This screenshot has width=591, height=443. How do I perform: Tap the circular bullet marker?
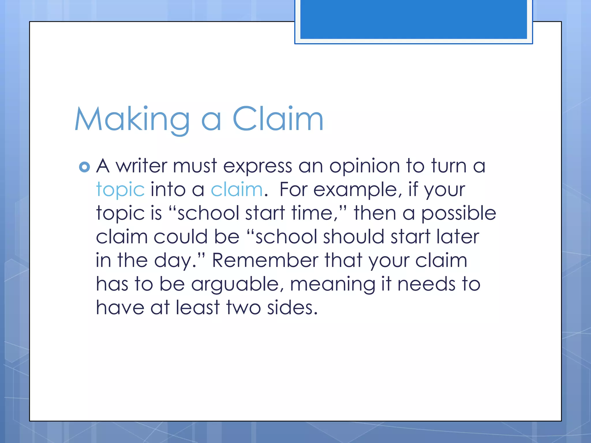click(84, 167)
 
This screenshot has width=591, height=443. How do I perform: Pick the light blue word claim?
click(237, 190)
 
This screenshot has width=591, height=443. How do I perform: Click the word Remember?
click(265, 260)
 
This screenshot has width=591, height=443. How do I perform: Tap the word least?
click(198, 307)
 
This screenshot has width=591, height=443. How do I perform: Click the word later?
click(458, 237)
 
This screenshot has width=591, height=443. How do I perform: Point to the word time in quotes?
click(315, 213)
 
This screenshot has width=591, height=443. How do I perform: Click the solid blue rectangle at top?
click(414, 19)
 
